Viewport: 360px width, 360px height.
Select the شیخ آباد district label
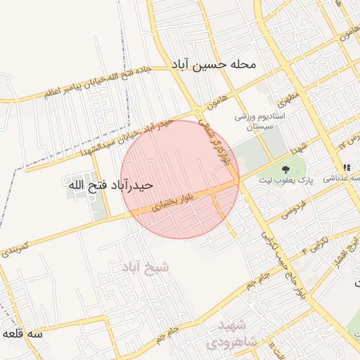(146, 267)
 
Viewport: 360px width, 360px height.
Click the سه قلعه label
(22, 333)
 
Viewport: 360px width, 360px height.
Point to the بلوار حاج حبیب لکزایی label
(285, 257)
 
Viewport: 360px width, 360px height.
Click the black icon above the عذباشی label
(346, 168)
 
